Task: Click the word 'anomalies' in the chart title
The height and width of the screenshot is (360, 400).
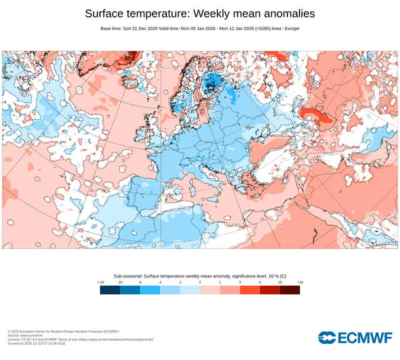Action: (289, 14)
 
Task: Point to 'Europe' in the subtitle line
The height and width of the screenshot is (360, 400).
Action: (292, 29)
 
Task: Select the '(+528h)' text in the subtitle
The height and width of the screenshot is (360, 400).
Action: (262, 29)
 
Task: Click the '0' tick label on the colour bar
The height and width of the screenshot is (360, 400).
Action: (200, 282)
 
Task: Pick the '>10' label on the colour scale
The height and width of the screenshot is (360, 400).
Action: (300, 282)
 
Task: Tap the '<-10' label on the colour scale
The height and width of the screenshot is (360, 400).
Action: (101, 282)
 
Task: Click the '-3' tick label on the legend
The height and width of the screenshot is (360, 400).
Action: (160, 282)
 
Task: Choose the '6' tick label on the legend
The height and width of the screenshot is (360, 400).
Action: (260, 282)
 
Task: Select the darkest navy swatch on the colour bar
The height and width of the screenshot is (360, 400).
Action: (110, 290)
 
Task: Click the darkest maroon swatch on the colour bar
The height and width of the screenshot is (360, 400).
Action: (290, 290)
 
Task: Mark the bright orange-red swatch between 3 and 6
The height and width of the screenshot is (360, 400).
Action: (250, 290)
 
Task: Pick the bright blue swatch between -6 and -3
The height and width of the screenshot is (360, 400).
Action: (150, 290)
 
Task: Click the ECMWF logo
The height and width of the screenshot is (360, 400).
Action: (355, 337)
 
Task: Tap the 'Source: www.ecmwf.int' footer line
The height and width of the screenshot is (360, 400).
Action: (25, 336)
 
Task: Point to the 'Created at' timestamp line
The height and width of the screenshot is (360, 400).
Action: (36, 343)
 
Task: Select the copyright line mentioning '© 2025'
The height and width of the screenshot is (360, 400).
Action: (63, 331)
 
